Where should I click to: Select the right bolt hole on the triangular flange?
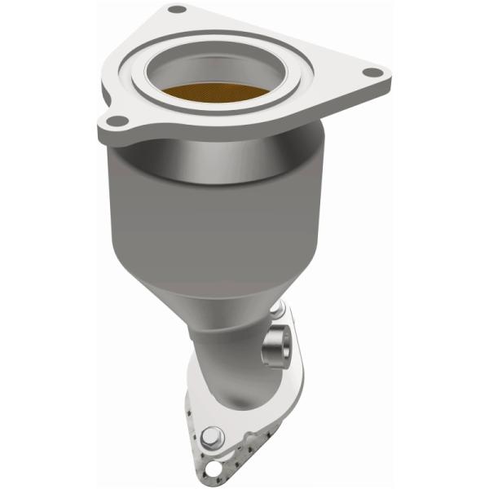pyautogui.click(x=373, y=73)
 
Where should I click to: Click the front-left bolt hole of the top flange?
pyautogui.click(x=117, y=121)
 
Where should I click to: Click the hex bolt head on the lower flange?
pyautogui.click(x=210, y=438)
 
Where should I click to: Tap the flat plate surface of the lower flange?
pyautogui.click(x=196, y=407)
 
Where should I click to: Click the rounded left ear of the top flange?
pyautogui.click(x=110, y=126)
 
